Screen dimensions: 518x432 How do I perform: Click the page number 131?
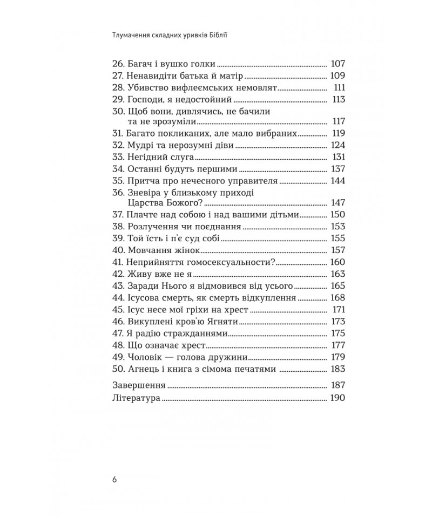(338, 156)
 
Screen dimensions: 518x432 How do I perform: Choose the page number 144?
(337, 180)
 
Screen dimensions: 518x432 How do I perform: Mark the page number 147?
(337, 204)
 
